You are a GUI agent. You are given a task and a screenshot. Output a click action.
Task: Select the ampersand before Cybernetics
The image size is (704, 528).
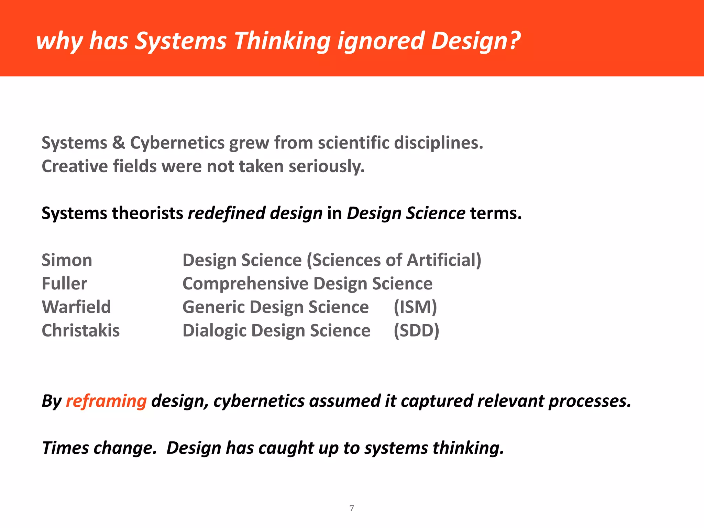click(118, 143)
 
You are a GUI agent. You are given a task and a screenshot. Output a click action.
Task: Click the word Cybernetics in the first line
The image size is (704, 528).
click(177, 143)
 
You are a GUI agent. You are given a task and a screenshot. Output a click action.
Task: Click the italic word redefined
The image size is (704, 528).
click(227, 213)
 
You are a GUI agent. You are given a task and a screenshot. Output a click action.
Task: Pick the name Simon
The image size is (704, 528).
click(67, 260)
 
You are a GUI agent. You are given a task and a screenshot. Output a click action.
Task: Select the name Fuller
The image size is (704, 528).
click(64, 284)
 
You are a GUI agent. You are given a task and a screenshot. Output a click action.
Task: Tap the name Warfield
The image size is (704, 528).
click(76, 307)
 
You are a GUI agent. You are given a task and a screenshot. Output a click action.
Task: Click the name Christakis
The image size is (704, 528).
click(80, 331)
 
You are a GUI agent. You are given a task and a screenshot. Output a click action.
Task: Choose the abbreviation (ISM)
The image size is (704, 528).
click(415, 307)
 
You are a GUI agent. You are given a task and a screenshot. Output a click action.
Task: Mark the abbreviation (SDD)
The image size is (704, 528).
click(416, 331)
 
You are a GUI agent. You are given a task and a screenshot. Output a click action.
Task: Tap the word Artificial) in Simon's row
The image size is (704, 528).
click(444, 260)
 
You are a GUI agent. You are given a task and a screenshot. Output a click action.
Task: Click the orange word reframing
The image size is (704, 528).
click(106, 401)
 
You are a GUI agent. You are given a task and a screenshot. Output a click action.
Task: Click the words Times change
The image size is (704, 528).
click(99, 448)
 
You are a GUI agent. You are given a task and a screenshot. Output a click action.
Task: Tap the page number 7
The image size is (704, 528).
click(352, 508)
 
